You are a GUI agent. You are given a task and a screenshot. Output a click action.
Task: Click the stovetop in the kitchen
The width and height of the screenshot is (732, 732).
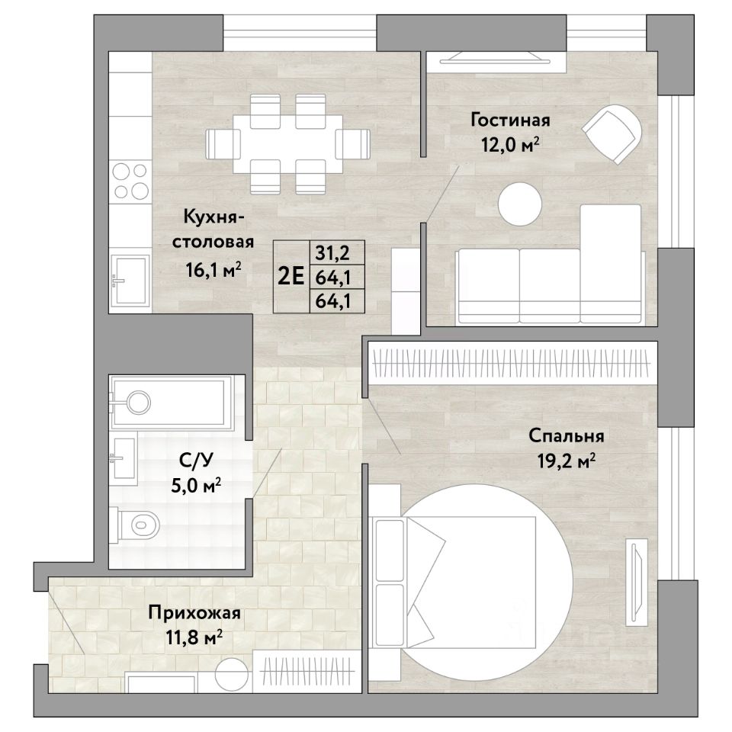[x=130, y=181]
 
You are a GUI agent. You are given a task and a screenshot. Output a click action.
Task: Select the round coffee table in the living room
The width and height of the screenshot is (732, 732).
[x=519, y=204]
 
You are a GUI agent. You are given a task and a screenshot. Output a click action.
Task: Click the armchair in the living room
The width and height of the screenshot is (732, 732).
[x=612, y=134]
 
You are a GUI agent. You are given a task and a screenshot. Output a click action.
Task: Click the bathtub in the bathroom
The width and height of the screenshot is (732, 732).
[x=171, y=403]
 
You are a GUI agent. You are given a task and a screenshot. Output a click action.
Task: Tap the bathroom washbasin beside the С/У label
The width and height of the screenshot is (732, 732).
[x=124, y=458]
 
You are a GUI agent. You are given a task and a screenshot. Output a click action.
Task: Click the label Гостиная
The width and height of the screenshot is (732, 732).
[x=510, y=120]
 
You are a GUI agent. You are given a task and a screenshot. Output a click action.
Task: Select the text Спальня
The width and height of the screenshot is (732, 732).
[x=566, y=436]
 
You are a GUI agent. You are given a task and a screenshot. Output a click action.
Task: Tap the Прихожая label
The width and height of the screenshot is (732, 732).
[x=194, y=612]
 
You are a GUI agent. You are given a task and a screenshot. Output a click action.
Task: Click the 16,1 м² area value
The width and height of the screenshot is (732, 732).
[x=213, y=270]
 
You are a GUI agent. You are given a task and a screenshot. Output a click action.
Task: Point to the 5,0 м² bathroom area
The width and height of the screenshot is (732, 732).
[x=196, y=486]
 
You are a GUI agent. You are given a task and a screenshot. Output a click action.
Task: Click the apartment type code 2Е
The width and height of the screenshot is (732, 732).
[x=291, y=276]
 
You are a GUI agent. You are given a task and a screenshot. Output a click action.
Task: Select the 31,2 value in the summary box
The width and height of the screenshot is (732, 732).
[x=333, y=253]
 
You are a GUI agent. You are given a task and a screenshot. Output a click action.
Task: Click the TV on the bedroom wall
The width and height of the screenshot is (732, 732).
[x=636, y=582]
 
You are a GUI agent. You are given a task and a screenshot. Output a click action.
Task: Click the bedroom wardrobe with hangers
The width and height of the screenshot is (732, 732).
[x=512, y=363]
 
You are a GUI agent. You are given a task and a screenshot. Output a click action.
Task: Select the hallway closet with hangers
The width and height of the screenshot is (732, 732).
[x=307, y=671]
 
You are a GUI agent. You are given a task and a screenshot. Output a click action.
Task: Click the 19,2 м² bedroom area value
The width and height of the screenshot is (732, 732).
[x=566, y=462]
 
